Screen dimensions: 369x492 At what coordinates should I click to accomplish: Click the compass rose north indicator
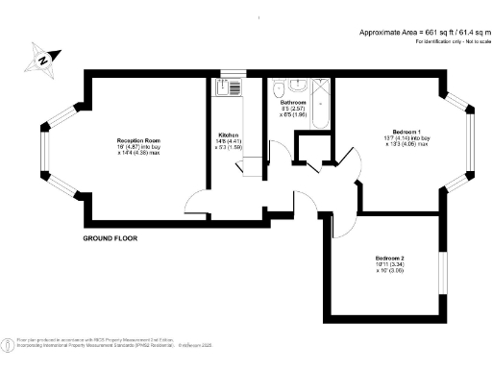coord(43,60)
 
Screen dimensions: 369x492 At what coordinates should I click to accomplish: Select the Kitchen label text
coord(228,135)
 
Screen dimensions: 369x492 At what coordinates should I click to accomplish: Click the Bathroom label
coord(292,102)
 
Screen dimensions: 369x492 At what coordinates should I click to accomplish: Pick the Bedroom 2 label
coord(389,258)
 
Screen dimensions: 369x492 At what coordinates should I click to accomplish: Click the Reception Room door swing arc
coord(197,202)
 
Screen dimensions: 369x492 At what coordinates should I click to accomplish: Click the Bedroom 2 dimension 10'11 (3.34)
coord(389,265)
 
